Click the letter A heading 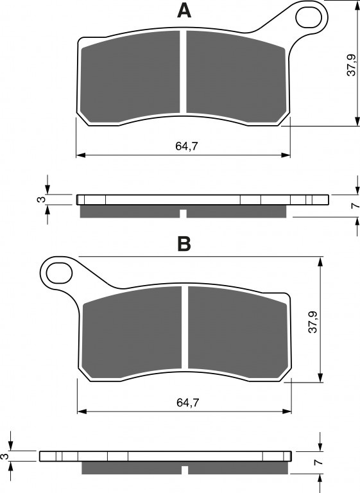pyautogui.click(x=184, y=11)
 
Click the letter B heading pyautogui.click(x=184, y=244)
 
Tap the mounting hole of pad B pyautogui.click(x=59, y=273)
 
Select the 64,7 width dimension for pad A pyautogui.click(x=187, y=146)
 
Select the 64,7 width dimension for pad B pyautogui.click(x=188, y=402)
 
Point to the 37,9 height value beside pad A pyautogui.click(x=351, y=65)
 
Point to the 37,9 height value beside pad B pyautogui.click(x=313, y=322)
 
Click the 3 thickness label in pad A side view pyautogui.click(x=41, y=200)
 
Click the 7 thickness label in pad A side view pyautogui.click(x=356, y=205)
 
